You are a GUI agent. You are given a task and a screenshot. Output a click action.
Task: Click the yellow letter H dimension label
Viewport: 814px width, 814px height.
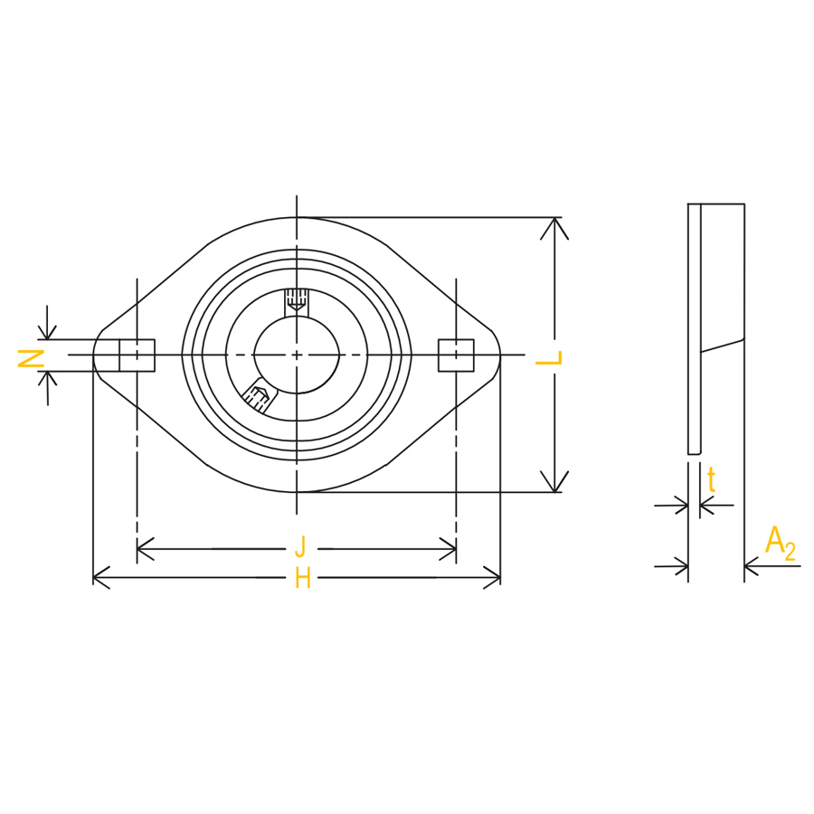pos(303,578)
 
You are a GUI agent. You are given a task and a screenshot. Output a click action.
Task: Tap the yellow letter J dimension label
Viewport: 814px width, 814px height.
pos(300,547)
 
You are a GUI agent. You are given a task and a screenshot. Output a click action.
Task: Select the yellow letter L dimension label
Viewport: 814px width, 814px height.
pos(549,357)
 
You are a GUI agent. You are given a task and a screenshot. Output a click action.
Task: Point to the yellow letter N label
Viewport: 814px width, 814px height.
pos(31,358)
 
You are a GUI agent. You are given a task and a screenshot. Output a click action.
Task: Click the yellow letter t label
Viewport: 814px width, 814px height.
pos(711,479)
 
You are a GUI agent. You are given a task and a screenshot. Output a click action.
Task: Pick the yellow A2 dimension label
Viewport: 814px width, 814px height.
pos(780,544)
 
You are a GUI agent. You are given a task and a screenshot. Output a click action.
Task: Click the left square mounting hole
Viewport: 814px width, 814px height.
pos(137,355)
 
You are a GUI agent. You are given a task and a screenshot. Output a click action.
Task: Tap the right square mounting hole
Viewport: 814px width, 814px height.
pos(456,355)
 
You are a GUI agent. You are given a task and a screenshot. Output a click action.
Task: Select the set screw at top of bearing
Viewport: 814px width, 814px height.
pos(297,300)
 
